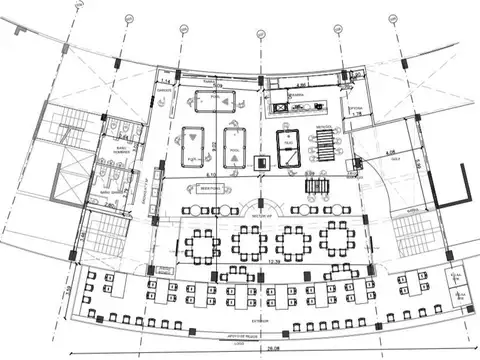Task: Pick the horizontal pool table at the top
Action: (210, 101)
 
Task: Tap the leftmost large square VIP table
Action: (204, 243)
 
